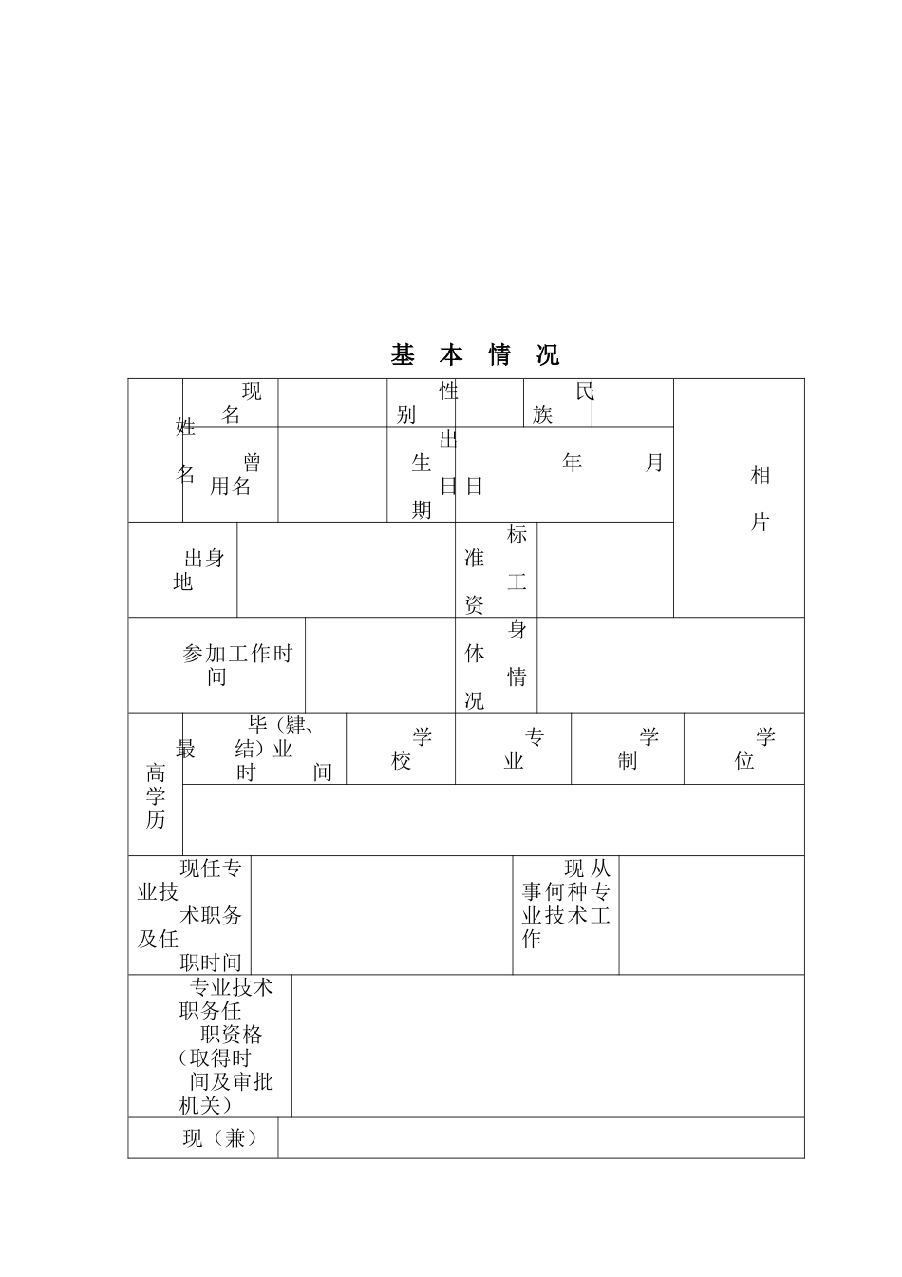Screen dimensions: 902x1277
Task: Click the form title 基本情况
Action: (x=475, y=355)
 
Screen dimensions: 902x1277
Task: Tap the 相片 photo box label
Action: (x=760, y=498)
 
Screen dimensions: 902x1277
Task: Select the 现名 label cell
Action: (x=231, y=403)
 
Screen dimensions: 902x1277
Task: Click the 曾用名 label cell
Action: (x=231, y=474)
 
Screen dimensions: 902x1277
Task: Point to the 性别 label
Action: (x=422, y=403)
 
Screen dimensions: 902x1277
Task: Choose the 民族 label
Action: (x=558, y=403)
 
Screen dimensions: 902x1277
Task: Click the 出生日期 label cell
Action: (x=422, y=474)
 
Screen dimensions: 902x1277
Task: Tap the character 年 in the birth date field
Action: (x=572, y=463)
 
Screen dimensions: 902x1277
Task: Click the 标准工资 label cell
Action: (x=496, y=570)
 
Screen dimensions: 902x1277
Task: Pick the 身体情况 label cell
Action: (x=496, y=665)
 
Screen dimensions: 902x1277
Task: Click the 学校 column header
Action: (x=402, y=749)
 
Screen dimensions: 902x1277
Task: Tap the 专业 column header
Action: (x=514, y=749)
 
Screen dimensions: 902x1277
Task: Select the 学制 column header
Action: (x=628, y=749)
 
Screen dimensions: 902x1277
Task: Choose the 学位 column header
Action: (x=744, y=749)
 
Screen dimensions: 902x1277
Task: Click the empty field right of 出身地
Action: (x=346, y=570)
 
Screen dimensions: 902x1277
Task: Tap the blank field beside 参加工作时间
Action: (x=380, y=665)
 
